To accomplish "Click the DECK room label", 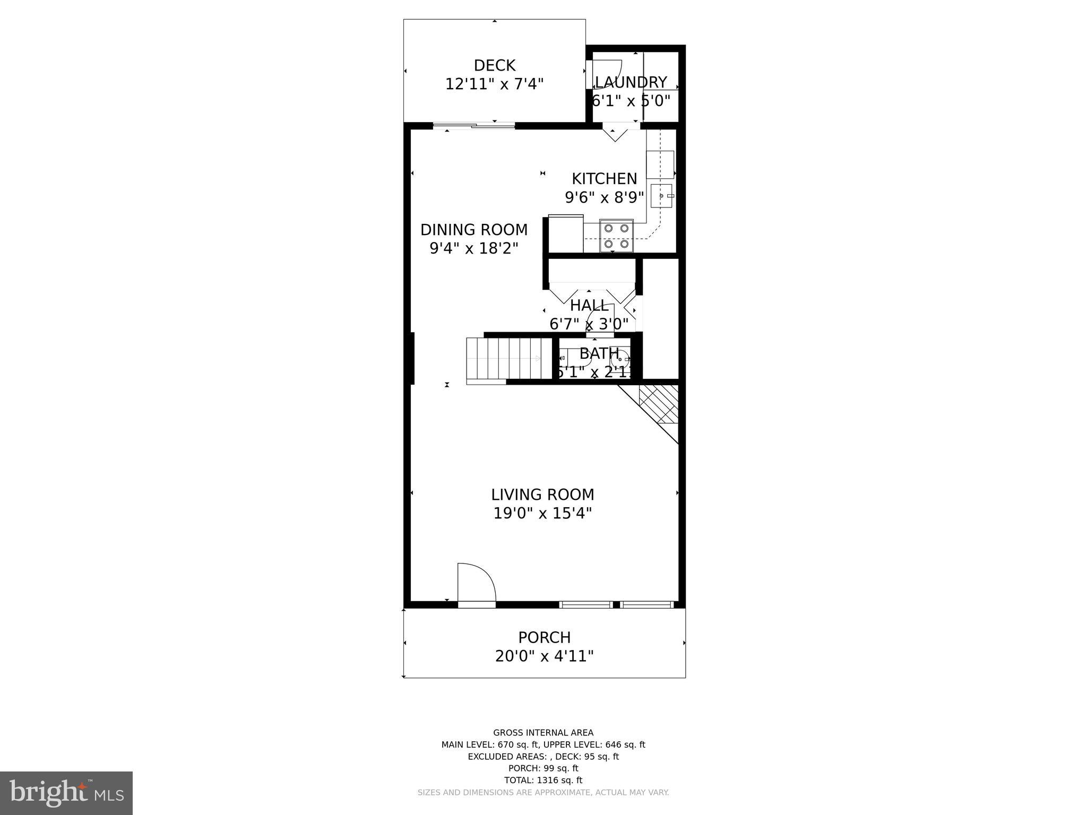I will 494,65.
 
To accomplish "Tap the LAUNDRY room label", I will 631,82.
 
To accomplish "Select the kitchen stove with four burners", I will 616,236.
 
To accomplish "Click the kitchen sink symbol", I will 661,196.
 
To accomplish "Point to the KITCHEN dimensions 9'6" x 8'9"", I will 604,197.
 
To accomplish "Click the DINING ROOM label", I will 473,230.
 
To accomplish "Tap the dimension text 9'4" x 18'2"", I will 473,248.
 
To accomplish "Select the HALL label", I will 589,306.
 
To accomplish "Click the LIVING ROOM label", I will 542,495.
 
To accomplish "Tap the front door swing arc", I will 476,583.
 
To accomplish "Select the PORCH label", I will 544,637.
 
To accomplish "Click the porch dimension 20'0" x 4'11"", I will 544,656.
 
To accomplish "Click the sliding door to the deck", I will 474,126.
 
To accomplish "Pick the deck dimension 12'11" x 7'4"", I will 494,84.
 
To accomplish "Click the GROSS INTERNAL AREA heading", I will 543,733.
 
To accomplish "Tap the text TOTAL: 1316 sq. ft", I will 543,780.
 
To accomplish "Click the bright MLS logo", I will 66,792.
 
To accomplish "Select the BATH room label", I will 599,353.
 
